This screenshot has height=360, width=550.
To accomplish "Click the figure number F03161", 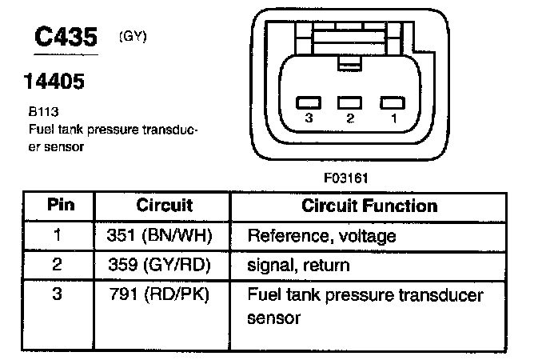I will click(347, 178).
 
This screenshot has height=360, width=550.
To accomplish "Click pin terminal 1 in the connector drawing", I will click(389, 102).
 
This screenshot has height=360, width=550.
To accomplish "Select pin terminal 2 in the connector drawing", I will click(348, 102).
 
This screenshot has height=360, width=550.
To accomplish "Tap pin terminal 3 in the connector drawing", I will click(308, 102).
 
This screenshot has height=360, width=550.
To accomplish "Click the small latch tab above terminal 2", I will click(346, 62).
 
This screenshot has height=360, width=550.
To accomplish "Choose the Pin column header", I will click(57, 205).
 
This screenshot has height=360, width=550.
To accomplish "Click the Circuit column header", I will click(164, 205).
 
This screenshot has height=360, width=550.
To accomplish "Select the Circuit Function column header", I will click(369, 205).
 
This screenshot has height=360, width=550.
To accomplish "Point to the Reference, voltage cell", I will click(321, 236).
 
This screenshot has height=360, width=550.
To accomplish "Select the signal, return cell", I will click(298, 265).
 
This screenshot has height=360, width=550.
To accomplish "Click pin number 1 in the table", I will click(57, 236).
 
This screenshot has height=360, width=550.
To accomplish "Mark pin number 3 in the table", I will click(57, 294).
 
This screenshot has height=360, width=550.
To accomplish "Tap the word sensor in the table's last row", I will click(273, 318).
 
